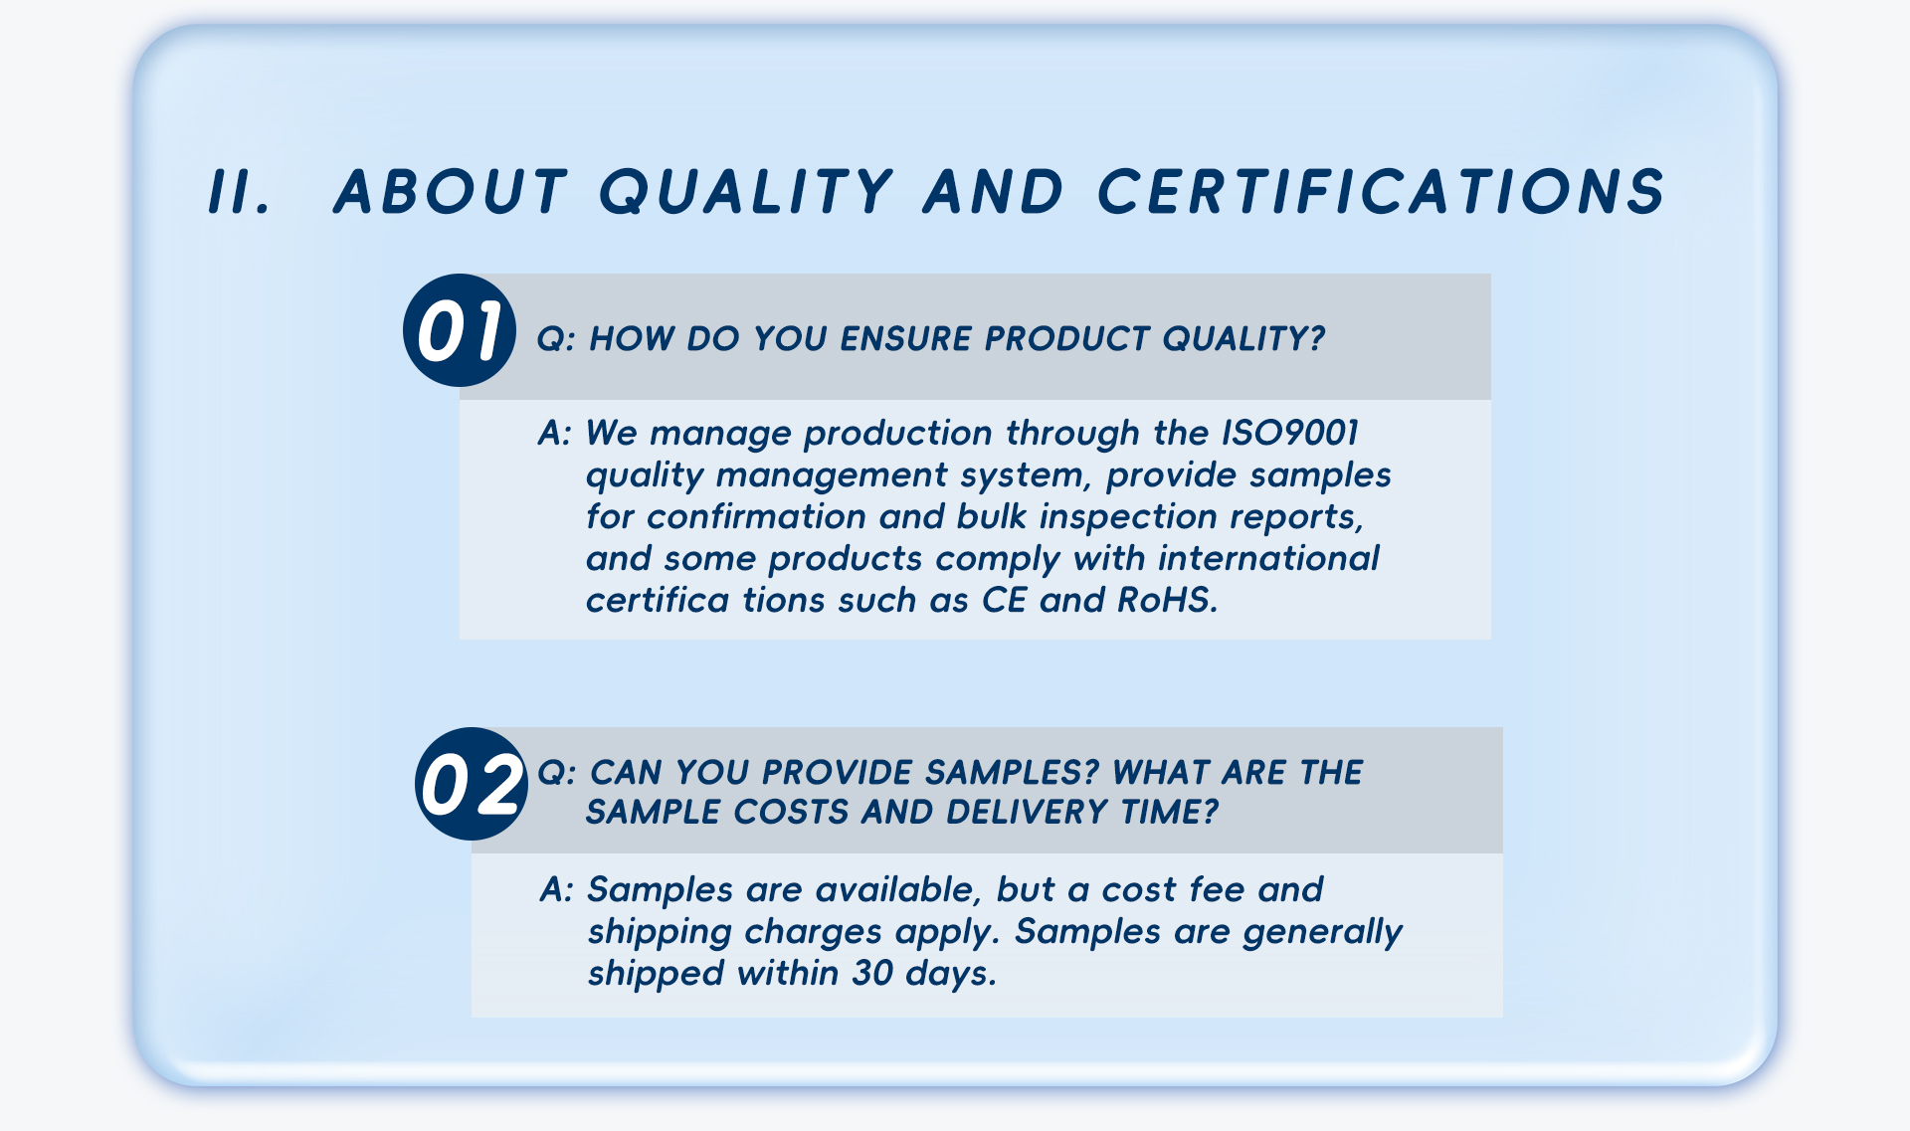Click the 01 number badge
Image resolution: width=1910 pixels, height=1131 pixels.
[x=460, y=330]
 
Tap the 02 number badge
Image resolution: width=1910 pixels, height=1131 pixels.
[x=472, y=784]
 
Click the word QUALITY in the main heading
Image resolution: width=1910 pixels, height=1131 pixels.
[x=746, y=191]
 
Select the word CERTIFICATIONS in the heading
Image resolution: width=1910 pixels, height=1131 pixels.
[x=1382, y=191]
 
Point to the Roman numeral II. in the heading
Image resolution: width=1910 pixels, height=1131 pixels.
[x=240, y=191]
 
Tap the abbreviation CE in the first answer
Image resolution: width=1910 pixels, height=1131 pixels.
[x=1005, y=600]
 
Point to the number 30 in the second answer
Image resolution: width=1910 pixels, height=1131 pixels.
[x=872, y=973]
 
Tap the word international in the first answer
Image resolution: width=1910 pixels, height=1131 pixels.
[x=1268, y=558]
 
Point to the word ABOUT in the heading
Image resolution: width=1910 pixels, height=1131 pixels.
[x=451, y=191]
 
